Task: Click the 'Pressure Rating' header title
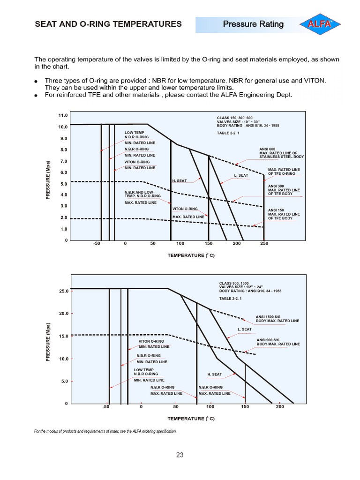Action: pyautogui.click(x=253, y=24)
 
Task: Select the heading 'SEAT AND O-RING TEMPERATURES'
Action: pyautogui.click(x=108, y=24)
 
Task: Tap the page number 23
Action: pyautogui.click(x=180, y=455)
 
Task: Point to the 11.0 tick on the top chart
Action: pyautogui.click(x=63, y=115)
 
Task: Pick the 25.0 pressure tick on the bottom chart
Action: pyautogui.click(x=63, y=291)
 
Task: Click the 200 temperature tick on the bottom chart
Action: pyautogui.click(x=280, y=407)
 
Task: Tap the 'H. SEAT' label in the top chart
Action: pyautogui.click(x=180, y=180)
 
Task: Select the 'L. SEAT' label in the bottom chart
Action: pyautogui.click(x=245, y=329)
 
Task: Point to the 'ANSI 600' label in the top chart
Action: pyautogui.click(x=261, y=149)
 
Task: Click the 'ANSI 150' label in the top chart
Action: pyautogui.click(x=275, y=210)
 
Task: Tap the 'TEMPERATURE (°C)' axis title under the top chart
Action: pyautogui.click(x=191, y=255)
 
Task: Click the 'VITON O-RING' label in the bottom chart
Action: pyautogui.click(x=151, y=341)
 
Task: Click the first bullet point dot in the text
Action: pyautogui.click(x=36, y=82)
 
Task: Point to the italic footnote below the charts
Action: pyautogui.click(x=105, y=431)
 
